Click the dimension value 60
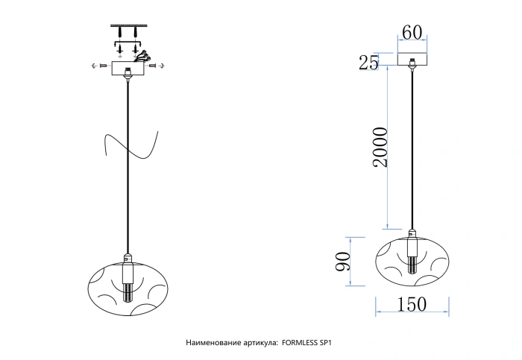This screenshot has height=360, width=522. [x=412, y=33]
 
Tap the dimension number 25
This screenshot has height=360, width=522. [x=368, y=62]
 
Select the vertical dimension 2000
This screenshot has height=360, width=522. [x=380, y=147]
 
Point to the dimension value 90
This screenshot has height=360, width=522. [x=343, y=262]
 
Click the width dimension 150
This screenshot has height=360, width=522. [x=412, y=304]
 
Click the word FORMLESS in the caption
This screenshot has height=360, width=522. [x=300, y=343]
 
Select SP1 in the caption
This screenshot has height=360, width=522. [x=326, y=343]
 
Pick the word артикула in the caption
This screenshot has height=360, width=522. [x=258, y=343]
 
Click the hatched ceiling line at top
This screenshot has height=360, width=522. [x=128, y=25]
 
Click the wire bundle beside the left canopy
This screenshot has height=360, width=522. [x=142, y=57]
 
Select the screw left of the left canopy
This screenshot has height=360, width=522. [x=103, y=66]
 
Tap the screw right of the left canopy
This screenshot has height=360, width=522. [x=153, y=66]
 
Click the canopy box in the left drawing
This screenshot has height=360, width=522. [x=128, y=69]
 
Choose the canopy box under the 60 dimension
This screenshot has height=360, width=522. [x=412, y=59]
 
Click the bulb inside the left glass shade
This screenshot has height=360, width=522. [x=128, y=292]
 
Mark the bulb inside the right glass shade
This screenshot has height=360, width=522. [x=412, y=265]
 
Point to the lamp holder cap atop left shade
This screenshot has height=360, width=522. [x=128, y=258]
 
